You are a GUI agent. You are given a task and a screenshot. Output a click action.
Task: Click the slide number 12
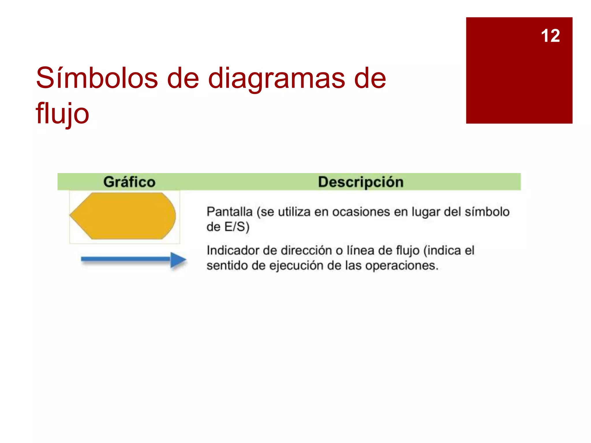pyautogui.click(x=550, y=36)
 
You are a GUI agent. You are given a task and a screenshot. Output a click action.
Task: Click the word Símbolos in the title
pyautogui.click(x=97, y=78)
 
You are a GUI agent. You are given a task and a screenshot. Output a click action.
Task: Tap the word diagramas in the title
pyautogui.click(x=276, y=78)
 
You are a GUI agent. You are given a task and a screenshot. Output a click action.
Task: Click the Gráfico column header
pyautogui.click(x=129, y=182)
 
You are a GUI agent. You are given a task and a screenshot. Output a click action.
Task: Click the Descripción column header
pyautogui.click(x=361, y=182)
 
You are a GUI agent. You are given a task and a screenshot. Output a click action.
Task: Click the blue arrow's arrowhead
pyautogui.click(x=178, y=260)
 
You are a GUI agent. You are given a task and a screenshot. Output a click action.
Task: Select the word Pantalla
pyautogui.click(x=229, y=212)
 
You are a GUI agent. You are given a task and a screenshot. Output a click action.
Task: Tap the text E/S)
pyautogui.click(x=237, y=227)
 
